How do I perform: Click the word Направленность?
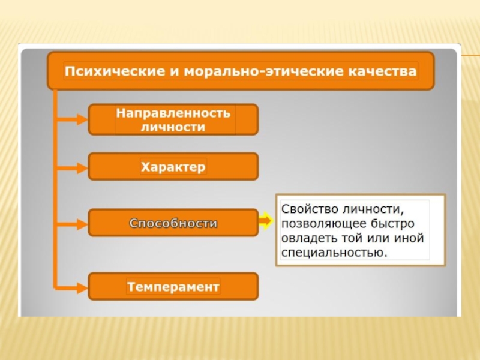(x=173, y=113)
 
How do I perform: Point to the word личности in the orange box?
(x=173, y=127)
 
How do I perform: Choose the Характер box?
(x=173, y=166)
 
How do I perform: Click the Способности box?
(x=173, y=223)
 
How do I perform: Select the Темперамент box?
(x=173, y=287)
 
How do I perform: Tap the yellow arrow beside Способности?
(x=266, y=222)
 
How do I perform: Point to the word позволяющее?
(x=319, y=223)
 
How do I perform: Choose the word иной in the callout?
(x=411, y=238)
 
